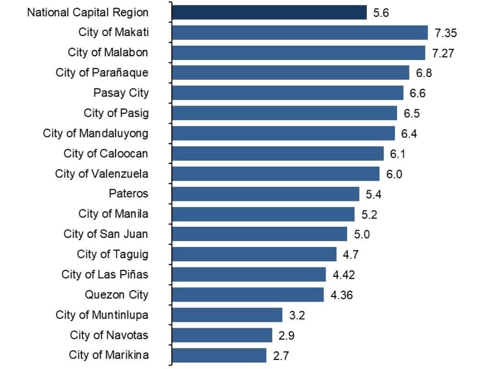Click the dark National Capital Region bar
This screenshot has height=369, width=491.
click(269, 12)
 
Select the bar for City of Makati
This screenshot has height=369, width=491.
click(299, 33)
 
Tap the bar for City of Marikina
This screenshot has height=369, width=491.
click(219, 356)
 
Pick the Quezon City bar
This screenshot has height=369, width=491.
click(247, 295)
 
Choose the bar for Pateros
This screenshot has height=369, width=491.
click(265, 194)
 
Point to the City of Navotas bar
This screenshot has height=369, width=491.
click(222, 335)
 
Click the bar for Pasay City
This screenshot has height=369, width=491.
click(287, 93)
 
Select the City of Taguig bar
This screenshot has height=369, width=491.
click(254, 254)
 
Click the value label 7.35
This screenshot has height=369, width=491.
click(445, 33)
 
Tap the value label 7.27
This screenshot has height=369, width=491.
click(443, 53)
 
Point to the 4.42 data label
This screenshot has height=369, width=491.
click(344, 275)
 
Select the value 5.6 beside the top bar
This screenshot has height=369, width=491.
click(381, 13)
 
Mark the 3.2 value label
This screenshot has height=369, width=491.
click(297, 315)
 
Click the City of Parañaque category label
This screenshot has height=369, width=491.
click(102, 73)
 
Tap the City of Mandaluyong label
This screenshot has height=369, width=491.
click(95, 133)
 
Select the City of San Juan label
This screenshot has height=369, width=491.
click(105, 234)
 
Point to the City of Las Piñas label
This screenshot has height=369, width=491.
click(105, 274)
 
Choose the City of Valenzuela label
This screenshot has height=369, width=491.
click(102, 173)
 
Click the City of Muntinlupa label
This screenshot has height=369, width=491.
click(102, 315)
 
